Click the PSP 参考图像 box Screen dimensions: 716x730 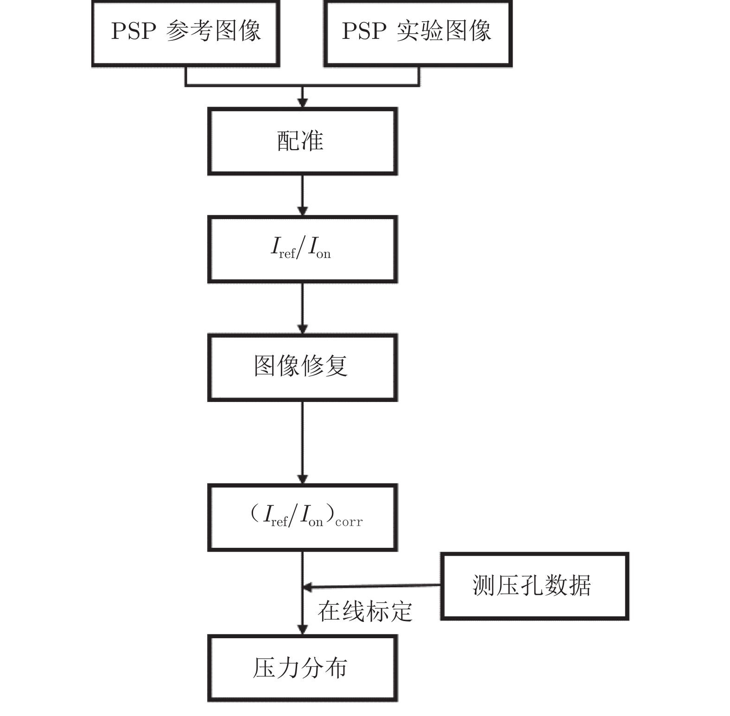[186, 33]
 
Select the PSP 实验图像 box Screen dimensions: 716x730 [418, 33]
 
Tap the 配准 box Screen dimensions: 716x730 [302, 141]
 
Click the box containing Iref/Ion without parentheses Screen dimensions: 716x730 [302, 249]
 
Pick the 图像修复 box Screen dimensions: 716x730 [302, 367]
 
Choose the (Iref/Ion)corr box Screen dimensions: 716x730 [302, 517]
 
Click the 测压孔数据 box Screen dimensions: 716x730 [534, 586]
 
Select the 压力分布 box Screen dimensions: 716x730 [302, 668]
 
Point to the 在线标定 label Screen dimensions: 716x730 [365, 611]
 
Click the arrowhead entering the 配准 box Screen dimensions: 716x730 [303, 103]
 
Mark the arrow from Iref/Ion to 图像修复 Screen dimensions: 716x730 [303, 308]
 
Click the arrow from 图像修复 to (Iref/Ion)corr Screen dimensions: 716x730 [303, 442]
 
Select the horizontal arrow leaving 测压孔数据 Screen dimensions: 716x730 [371, 587]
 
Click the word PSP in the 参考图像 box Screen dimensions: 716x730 [133, 31]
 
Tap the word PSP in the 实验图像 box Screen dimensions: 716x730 [364, 31]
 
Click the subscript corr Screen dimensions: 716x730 [349, 522]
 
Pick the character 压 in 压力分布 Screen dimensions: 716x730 [264, 668]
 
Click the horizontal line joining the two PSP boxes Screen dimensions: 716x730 [302, 86]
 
